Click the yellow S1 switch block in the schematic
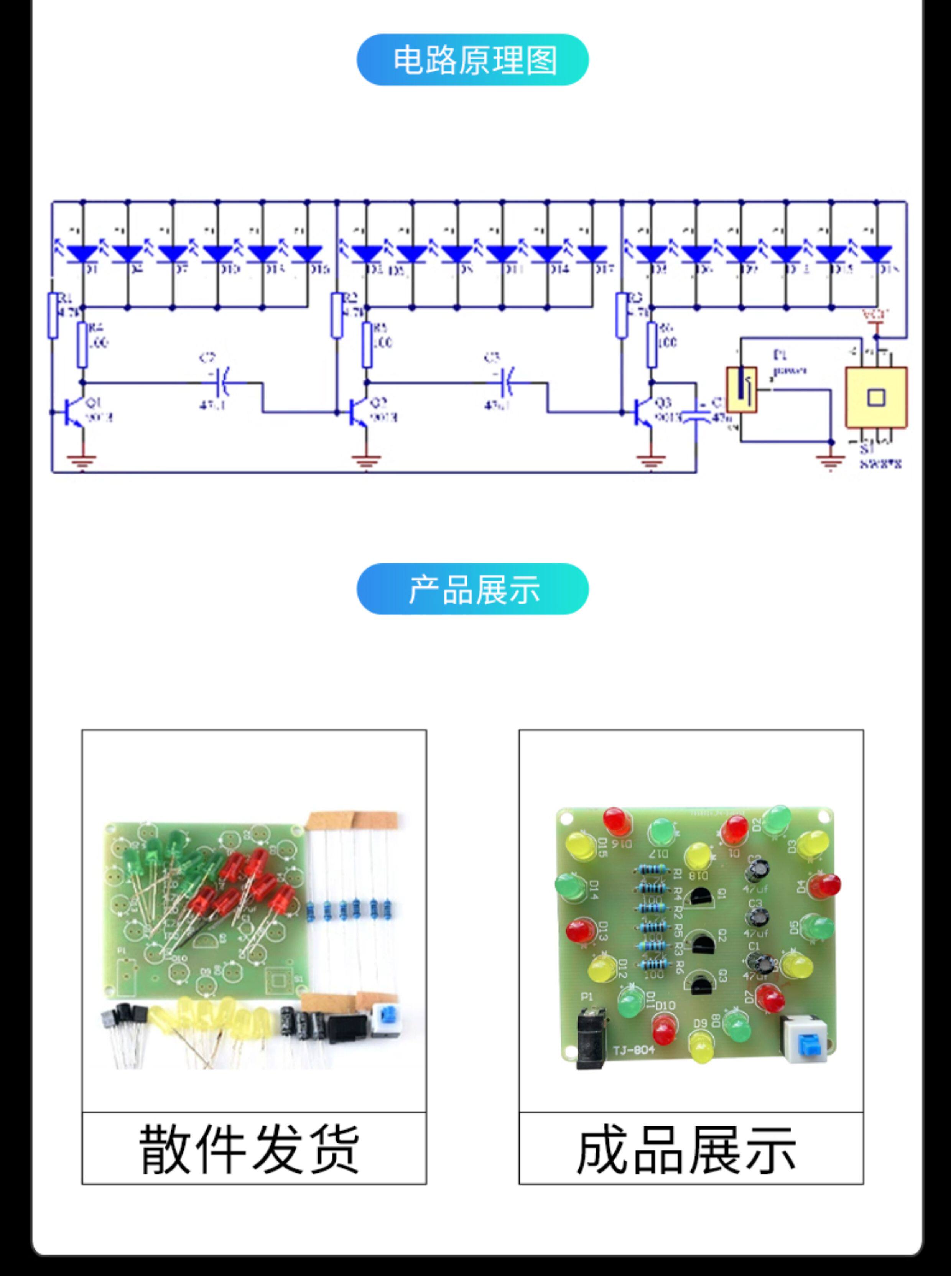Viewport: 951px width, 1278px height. pyautogui.click(x=875, y=397)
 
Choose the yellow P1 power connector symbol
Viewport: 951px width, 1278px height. pyautogui.click(x=742, y=389)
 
